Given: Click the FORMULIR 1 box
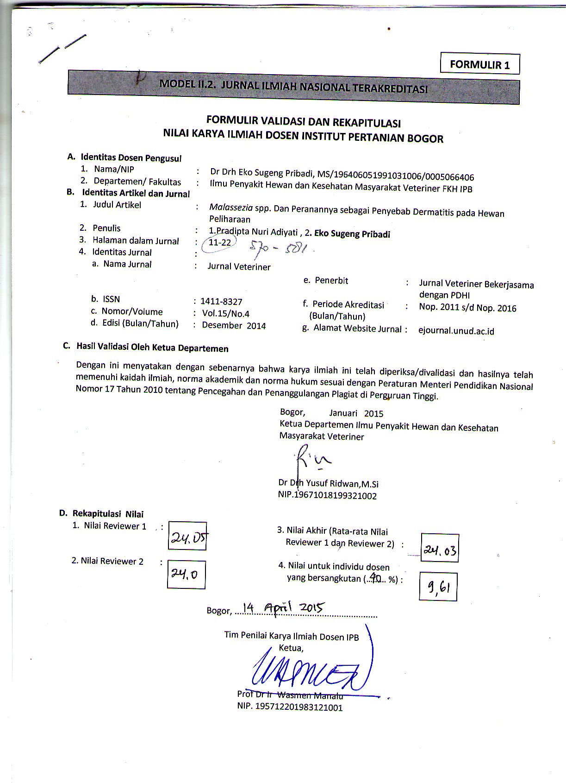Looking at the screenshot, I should (x=479, y=64).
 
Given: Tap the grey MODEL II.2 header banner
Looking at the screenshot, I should (x=293, y=87).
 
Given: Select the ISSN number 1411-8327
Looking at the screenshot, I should (x=221, y=302).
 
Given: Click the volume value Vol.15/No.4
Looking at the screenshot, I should (x=226, y=314).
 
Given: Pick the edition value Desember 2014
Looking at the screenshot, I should (x=234, y=326).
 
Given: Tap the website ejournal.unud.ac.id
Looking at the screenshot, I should (x=456, y=331).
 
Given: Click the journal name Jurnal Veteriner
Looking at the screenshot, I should (x=239, y=267).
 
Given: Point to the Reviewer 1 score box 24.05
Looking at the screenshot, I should (x=187, y=536).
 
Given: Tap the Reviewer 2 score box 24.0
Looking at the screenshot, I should (x=186, y=575).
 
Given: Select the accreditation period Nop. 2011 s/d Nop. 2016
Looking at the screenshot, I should (x=467, y=308).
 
